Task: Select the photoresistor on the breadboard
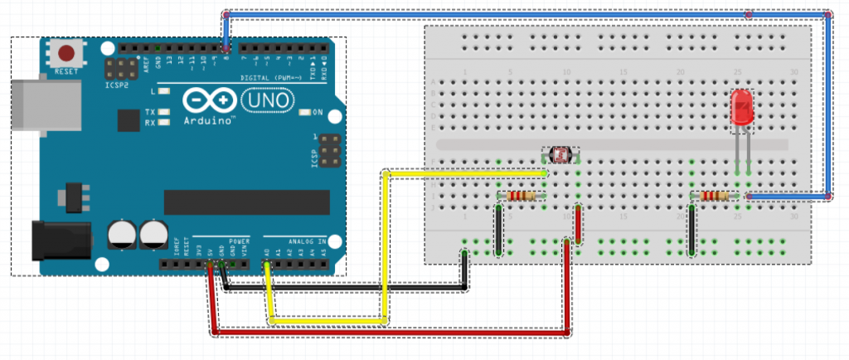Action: [x=561, y=154]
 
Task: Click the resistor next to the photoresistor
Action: [x=521, y=196]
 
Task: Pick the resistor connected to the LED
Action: [x=714, y=196]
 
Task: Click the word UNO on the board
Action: [x=266, y=100]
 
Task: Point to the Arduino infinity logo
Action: [x=202, y=100]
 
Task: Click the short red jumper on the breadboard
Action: [x=576, y=222]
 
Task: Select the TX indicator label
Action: [x=150, y=111]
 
